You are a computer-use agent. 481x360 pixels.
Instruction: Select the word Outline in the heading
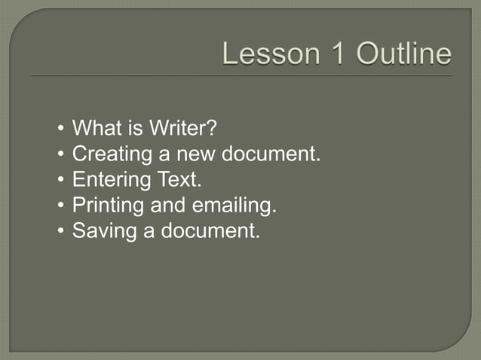[404, 54]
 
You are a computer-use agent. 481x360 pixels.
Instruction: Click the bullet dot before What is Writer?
[60, 130]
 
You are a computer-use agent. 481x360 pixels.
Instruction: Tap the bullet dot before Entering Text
[60, 181]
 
